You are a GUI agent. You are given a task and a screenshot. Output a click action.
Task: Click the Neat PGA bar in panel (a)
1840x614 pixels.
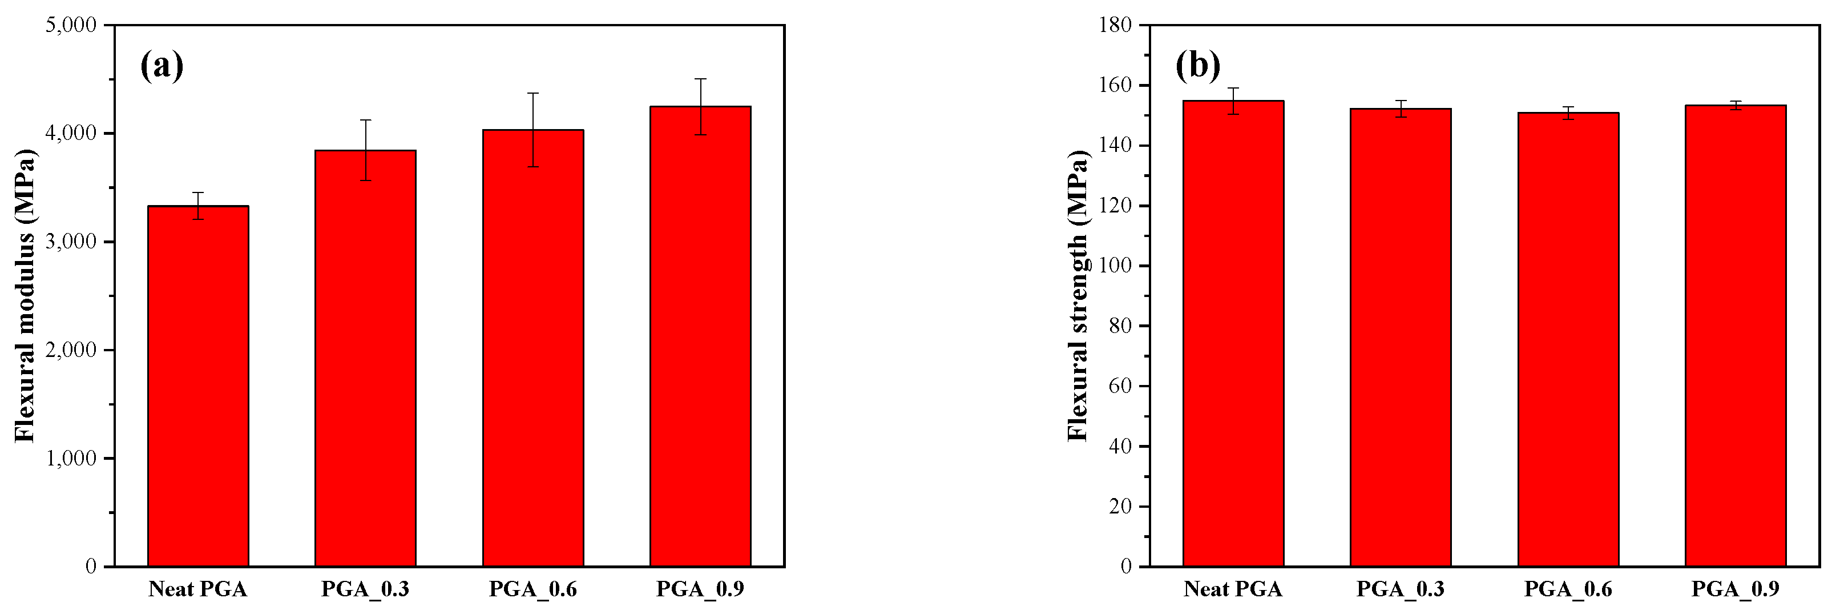click(x=198, y=386)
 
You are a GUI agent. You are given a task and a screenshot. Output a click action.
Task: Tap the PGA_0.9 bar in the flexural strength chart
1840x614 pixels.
click(x=1735, y=336)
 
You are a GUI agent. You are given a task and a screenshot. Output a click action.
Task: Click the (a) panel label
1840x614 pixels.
click(x=162, y=66)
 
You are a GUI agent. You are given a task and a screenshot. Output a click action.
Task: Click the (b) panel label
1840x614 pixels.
click(x=1197, y=66)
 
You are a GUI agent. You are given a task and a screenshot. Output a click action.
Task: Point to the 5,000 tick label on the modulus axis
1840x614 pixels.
click(x=70, y=26)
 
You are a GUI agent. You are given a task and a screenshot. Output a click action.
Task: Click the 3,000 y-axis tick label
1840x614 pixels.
click(x=70, y=242)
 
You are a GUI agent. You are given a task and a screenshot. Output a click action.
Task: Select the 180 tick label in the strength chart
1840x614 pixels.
click(x=1115, y=26)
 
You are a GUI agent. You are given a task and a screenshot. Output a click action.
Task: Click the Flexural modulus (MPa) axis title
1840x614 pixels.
click(x=25, y=295)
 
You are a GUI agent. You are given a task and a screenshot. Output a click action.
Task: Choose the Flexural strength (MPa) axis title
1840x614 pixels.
click(x=1077, y=295)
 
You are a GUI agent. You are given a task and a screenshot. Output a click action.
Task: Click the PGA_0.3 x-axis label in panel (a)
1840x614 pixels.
click(x=365, y=589)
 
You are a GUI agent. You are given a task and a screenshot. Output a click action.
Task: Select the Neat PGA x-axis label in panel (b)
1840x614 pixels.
click(x=1232, y=589)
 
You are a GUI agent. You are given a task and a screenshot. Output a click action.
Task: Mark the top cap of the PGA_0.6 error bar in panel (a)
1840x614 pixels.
click(x=533, y=93)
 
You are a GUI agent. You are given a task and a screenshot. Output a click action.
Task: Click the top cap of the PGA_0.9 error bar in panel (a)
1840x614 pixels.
click(x=700, y=79)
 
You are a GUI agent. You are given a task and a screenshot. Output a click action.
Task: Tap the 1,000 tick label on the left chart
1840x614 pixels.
click(x=70, y=459)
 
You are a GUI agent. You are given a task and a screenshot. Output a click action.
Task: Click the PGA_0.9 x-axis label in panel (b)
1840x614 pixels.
click(x=1735, y=589)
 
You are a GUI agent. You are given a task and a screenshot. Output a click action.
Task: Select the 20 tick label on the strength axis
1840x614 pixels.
click(x=1121, y=507)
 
